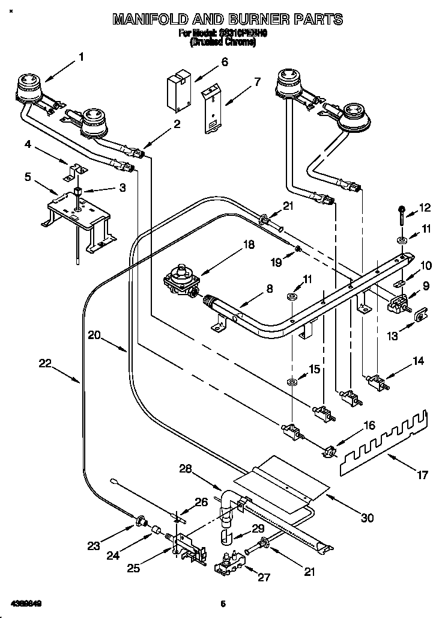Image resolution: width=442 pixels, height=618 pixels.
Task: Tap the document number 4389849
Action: coord(25,603)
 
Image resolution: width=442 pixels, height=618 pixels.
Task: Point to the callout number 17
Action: coord(422,475)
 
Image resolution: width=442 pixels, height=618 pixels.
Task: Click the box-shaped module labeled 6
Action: coord(178,91)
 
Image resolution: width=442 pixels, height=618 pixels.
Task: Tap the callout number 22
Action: coord(46,363)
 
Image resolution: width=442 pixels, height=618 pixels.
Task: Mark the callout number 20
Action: coord(94,335)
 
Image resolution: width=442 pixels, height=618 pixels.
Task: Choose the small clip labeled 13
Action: coord(420,314)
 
